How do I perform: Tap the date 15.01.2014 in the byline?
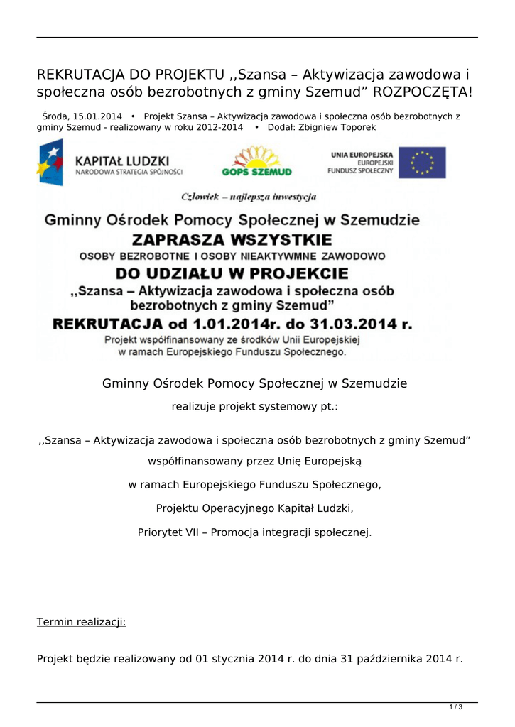[97, 116]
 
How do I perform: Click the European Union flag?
[422, 162]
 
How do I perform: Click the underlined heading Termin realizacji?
[81, 622]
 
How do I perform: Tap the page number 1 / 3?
[456, 706]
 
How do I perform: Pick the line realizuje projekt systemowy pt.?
[255, 407]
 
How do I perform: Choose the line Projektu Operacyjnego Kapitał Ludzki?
[254, 508]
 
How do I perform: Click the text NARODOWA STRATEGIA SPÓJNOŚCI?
[129, 172]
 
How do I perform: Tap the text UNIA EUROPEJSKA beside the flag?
[362, 154]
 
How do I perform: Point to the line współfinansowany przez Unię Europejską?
[254, 461]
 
